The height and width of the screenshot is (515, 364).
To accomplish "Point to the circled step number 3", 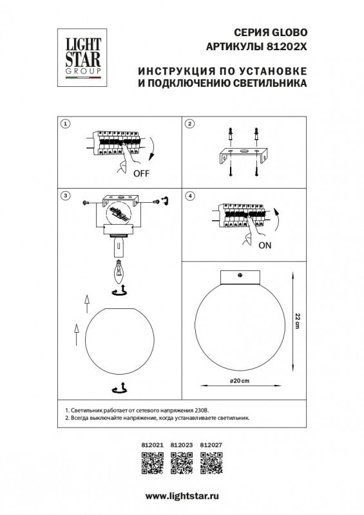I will pos(64,196).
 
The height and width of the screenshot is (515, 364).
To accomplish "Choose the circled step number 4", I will pos(189,196).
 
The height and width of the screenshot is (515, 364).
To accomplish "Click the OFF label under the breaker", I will pos(142,174).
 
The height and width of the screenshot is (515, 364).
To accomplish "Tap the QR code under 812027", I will pos(212,463).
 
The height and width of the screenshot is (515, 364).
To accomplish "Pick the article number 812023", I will pos(182,444).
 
